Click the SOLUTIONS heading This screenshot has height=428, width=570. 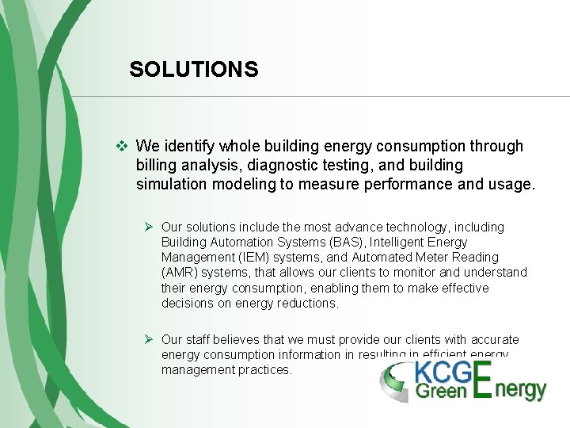click(x=194, y=70)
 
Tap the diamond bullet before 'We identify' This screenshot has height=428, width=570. click(x=121, y=146)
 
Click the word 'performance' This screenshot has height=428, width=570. click(x=405, y=185)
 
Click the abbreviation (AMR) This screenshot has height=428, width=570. click(x=180, y=273)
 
